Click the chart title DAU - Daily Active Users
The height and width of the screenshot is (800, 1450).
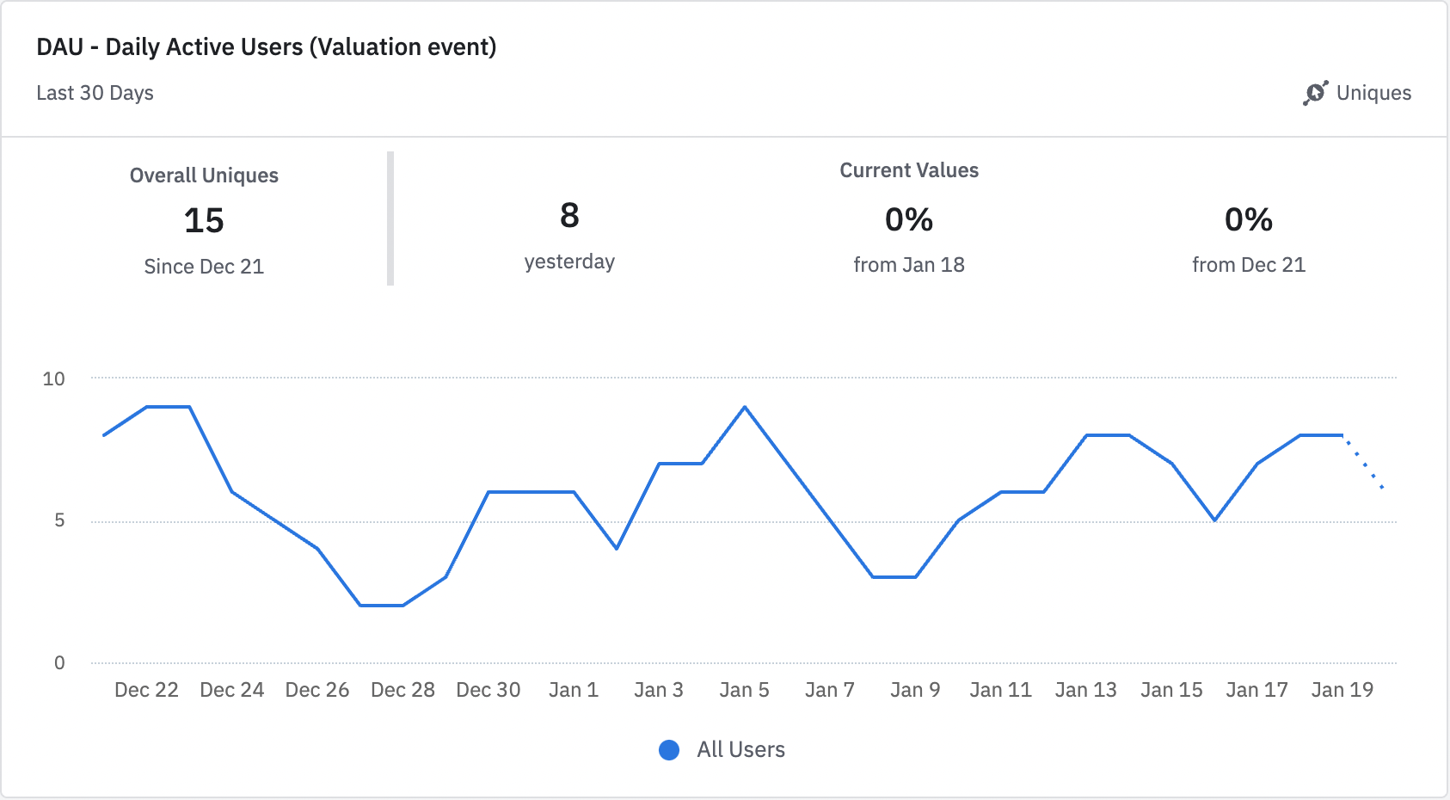point(266,46)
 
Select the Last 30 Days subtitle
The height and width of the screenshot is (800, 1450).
point(95,93)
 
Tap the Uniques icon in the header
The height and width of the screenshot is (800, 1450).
point(1315,93)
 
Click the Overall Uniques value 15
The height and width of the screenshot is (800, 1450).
point(204,221)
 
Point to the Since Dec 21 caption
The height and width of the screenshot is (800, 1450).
point(204,267)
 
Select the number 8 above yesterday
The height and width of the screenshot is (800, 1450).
point(569,216)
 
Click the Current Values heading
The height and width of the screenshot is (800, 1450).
point(909,170)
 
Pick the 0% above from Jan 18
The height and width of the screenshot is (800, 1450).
point(909,220)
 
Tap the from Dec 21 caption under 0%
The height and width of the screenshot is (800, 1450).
point(1249,265)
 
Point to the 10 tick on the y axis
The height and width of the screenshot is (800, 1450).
point(53,378)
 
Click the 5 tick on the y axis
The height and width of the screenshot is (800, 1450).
point(59,520)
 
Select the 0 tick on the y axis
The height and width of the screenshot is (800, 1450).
point(59,662)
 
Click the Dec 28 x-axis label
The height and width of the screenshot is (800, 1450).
point(402,690)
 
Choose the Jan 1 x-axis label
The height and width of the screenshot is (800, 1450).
point(574,690)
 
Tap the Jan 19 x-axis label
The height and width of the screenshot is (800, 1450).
point(1342,690)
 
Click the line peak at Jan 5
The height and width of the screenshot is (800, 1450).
point(745,407)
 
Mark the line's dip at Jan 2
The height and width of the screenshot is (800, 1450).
point(617,548)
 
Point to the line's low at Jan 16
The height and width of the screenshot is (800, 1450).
point(1214,520)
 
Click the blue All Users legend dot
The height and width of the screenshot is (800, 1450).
point(669,750)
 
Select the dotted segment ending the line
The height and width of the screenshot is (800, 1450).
point(1364,463)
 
